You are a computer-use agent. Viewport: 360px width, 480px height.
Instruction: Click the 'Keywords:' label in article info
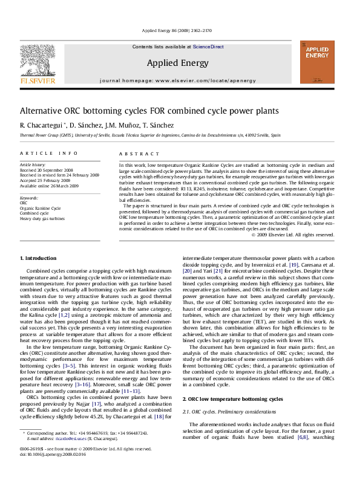pyautogui.click(x=28, y=198)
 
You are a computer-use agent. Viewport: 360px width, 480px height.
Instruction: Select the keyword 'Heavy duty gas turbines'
pyautogui.click(x=41, y=217)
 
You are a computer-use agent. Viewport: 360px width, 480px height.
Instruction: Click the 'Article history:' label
pyautogui.click(x=33, y=164)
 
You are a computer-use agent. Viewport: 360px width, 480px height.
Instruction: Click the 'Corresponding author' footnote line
pyautogui.click(x=85, y=451)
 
